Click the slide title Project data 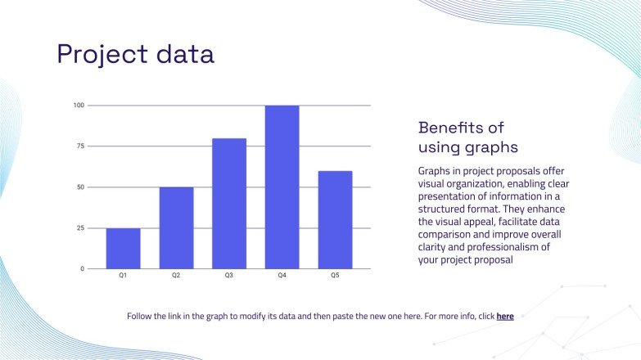135,54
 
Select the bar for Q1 123,249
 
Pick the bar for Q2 176,228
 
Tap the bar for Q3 229,204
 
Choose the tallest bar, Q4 282,187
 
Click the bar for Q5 335,220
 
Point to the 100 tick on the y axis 79,106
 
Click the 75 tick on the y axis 80,146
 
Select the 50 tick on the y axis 80,187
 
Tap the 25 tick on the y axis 80,228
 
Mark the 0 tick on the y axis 82,269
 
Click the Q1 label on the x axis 123,277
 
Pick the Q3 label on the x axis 229,277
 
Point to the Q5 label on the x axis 335,277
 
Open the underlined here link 505,316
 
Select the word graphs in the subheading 492,148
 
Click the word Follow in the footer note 141,316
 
